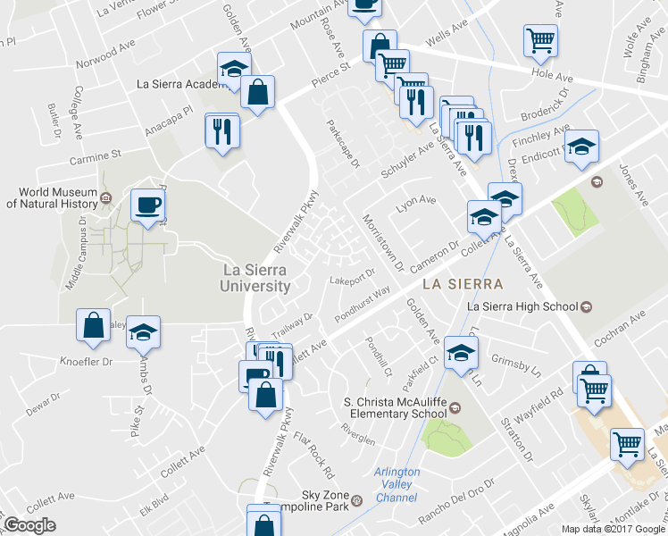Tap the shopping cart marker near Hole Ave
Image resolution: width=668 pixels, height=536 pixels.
pyautogui.click(x=540, y=40)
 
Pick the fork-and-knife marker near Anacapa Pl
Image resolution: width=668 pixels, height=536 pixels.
pyautogui.click(x=221, y=130)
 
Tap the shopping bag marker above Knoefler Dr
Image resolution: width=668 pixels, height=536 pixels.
pyautogui.click(x=94, y=325)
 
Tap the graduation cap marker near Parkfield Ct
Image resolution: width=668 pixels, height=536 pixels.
pyautogui.click(x=461, y=352)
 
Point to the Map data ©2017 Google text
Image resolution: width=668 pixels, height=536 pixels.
pyautogui.click(x=614, y=528)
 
